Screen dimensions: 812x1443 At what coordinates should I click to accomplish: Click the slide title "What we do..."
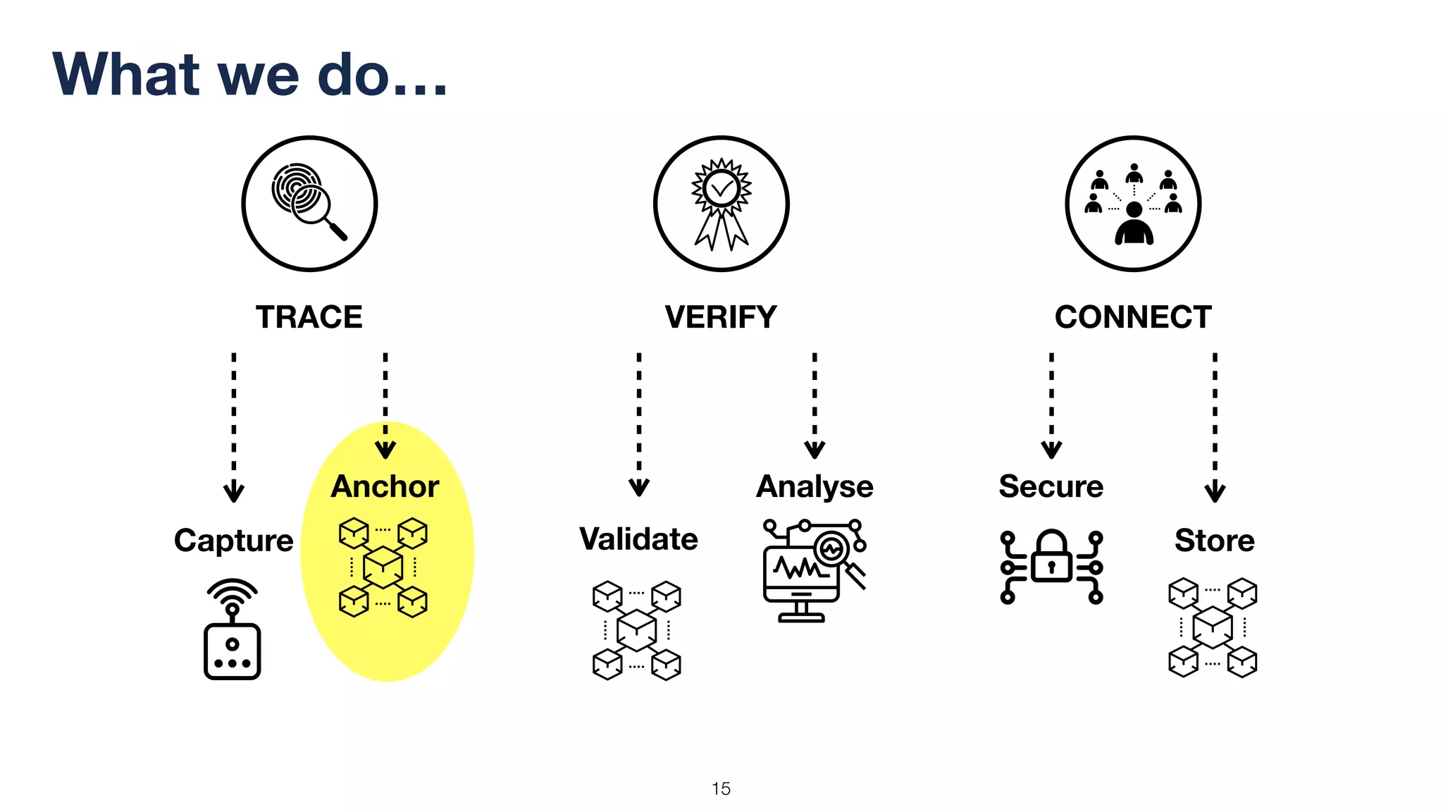point(250,75)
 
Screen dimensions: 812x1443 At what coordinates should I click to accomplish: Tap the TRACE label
point(309,317)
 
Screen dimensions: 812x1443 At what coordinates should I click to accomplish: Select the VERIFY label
point(721,317)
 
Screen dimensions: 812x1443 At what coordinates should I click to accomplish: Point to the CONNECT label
point(1133,317)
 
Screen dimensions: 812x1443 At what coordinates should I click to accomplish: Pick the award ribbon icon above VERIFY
point(721,204)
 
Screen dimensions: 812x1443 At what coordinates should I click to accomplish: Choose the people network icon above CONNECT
point(1133,204)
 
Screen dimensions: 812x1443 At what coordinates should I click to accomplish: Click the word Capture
point(233,541)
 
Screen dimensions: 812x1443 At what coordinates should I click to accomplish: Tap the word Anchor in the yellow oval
point(385,486)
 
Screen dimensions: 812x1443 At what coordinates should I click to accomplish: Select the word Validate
point(638,539)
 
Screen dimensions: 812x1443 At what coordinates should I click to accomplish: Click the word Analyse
point(815,486)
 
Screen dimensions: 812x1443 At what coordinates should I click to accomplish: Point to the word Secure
point(1051,486)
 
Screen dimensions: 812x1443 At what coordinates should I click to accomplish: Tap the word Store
point(1215,541)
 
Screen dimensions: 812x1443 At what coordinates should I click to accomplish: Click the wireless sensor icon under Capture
point(233,629)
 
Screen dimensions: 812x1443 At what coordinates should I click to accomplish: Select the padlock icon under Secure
point(1051,566)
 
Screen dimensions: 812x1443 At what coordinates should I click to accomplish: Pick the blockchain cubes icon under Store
point(1213,627)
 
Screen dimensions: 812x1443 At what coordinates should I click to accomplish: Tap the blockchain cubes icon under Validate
point(637,629)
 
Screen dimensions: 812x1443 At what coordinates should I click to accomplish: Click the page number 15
point(721,789)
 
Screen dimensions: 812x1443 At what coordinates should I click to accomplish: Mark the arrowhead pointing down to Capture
point(234,492)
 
